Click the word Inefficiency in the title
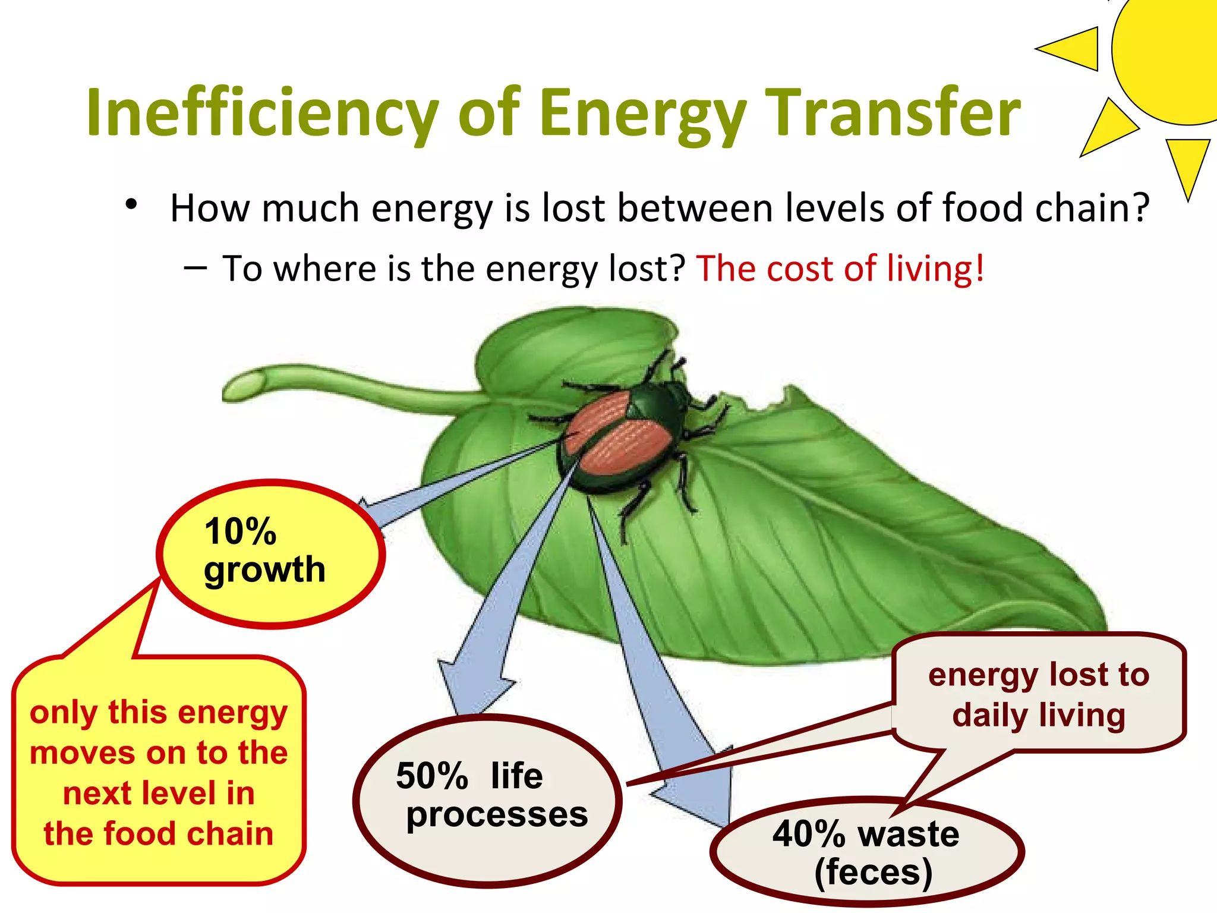click(261, 113)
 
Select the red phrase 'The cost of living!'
click(840, 269)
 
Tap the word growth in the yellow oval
click(264, 569)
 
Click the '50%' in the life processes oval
click(432, 776)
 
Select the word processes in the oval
click(497, 814)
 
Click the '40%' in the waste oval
click(808, 833)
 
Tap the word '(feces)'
click(873, 873)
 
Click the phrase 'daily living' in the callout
click(1039, 715)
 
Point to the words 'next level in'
click(159, 794)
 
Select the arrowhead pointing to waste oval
click(701, 796)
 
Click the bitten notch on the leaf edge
click(755, 404)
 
